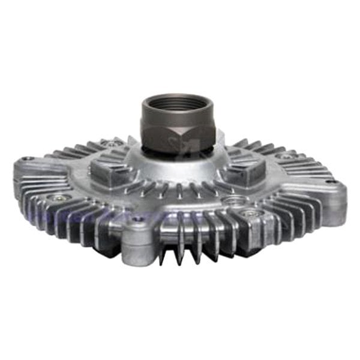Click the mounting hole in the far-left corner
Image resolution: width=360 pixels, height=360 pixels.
(27, 160)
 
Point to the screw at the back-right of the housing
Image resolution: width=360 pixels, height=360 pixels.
(286, 157)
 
